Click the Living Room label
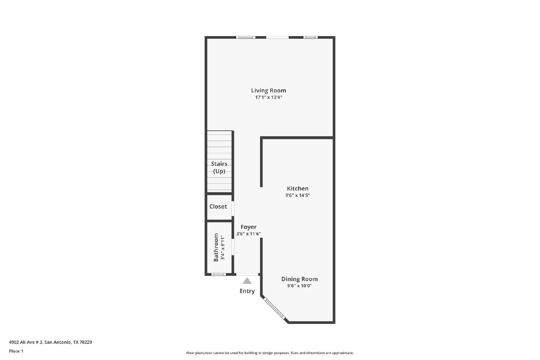(269, 91)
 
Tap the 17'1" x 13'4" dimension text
(269, 98)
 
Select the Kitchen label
(297, 188)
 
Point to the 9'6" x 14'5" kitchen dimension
(297, 195)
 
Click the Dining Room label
(299, 279)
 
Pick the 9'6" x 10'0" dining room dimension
(299, 286)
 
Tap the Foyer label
(248, 227)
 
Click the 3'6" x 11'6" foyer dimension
(248, 234)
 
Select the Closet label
(218, 206)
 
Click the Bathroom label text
(216, 247)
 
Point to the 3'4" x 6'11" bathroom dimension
(223, 247)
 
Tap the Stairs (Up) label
(219, 167)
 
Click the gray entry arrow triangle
(247, 281)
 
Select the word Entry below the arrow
(247, 291)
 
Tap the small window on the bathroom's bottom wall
(219, 274)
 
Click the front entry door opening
(247, 274)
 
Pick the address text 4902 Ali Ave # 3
(26, 342)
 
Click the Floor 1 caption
(16, 351)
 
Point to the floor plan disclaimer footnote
(270, 353)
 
